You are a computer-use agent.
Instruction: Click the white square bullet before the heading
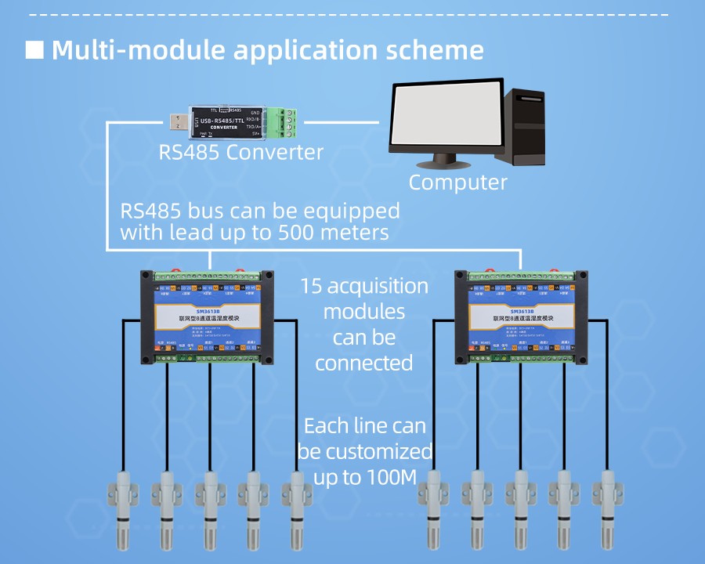point(34,50)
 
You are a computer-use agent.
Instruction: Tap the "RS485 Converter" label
point(241,151)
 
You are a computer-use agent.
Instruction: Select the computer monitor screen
point(445,116)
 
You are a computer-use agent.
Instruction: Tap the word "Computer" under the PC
point(458,183)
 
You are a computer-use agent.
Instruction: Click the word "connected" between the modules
point(363,363)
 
